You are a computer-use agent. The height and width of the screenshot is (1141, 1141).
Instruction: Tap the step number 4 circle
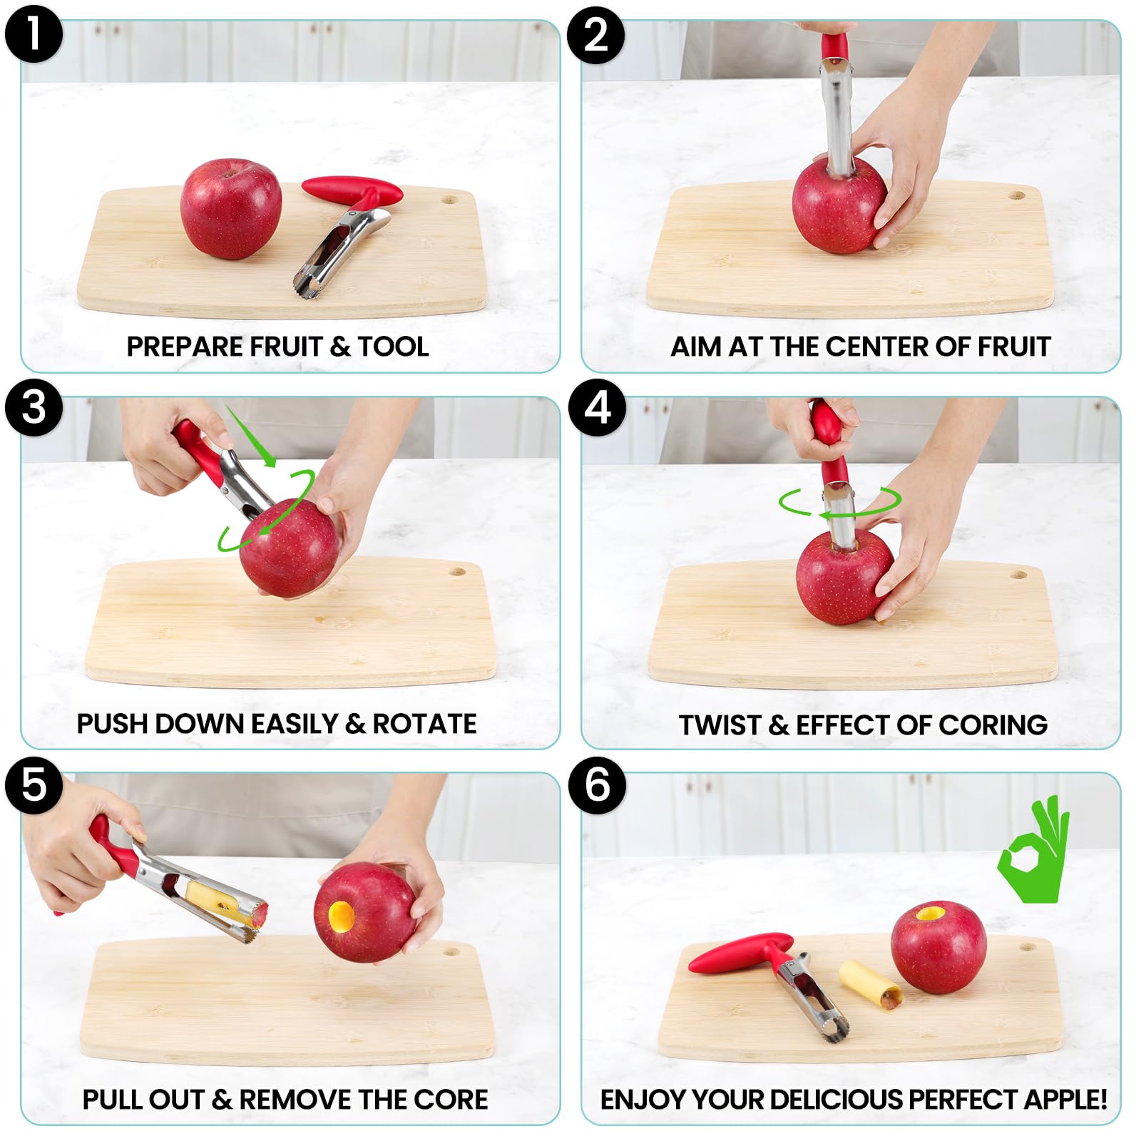(597, 408)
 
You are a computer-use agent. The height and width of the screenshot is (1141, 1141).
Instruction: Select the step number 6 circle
(597, 785)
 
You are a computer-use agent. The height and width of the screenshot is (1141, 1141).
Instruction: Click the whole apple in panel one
(230, 208)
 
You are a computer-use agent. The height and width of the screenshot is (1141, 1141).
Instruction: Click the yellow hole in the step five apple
(341, 915)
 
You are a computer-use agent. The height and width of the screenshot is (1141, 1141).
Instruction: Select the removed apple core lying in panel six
(870, 984)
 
